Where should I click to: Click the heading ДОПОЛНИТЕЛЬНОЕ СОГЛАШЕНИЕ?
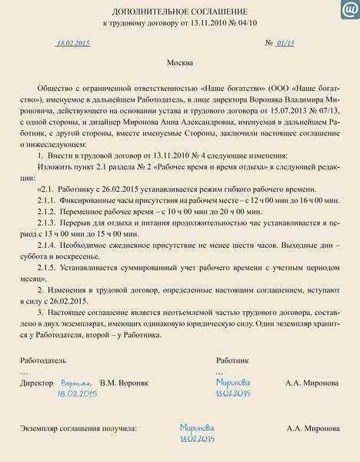tap(179, 14)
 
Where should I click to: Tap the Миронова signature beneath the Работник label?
tap(233, 381)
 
